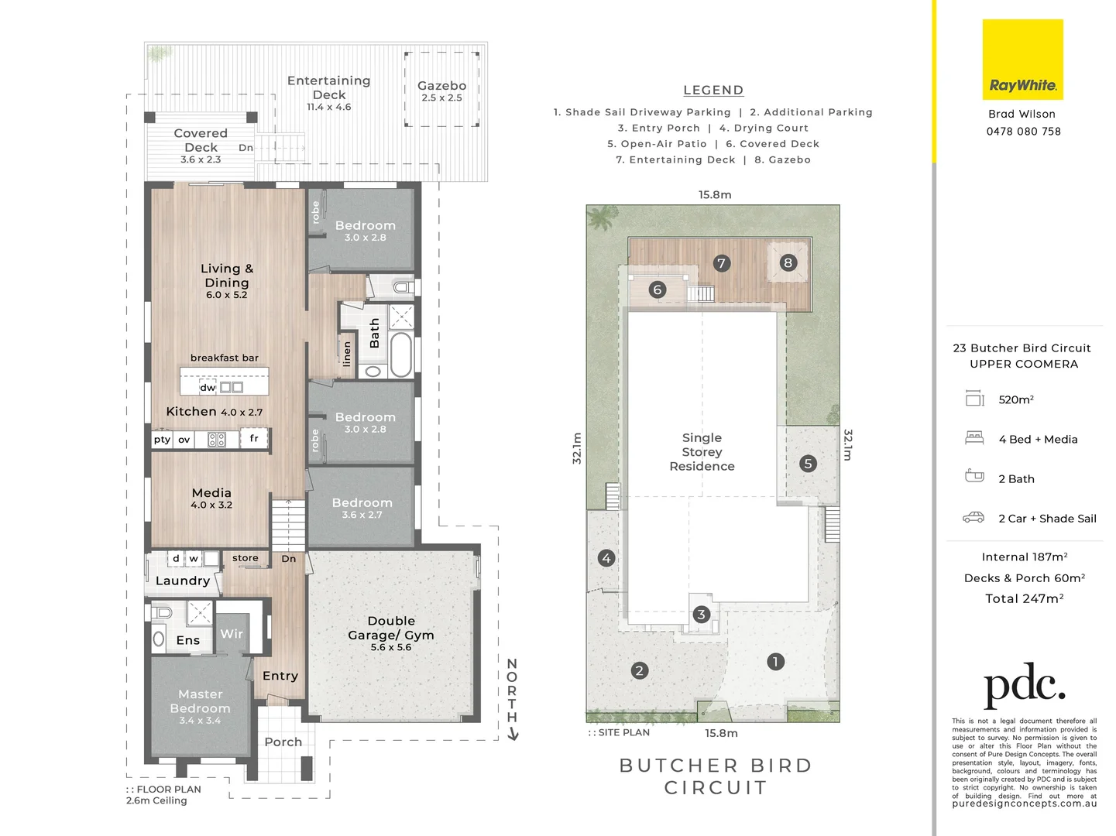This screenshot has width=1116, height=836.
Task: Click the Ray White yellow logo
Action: (x=1022, y=60)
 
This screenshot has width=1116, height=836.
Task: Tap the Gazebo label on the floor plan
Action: (x=441, y=86)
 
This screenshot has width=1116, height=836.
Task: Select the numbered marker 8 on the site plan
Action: (x=788, y=262)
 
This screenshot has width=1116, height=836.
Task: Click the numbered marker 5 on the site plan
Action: (x=808, y=464)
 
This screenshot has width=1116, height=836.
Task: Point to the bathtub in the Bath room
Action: (x=401, y=355)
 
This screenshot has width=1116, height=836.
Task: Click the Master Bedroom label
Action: (x=200, y=701)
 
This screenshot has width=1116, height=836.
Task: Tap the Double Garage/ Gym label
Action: (x=391, y=628)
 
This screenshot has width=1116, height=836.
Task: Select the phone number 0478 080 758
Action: (x=1023, y=132)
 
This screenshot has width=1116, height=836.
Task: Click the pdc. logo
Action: (x=1024, y=685)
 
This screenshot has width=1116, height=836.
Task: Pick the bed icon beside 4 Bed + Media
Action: (x=974, y=438)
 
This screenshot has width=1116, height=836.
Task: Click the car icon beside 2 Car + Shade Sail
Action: (x=973, y=518)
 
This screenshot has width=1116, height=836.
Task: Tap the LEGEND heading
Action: (x=713, y=91)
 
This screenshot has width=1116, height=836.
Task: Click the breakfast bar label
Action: (x=225, y=358)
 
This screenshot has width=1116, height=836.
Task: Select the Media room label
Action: (x=211, y=493)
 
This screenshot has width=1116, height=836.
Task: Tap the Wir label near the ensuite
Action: (x=232, y=634)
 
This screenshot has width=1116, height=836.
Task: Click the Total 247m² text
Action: (x=1024, y=598)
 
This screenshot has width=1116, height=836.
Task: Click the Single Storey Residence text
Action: (x=702, y=452)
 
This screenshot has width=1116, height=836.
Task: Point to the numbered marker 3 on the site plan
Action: (x=701, y=615)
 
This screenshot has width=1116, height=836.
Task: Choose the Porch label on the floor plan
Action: (x=283, y=742)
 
